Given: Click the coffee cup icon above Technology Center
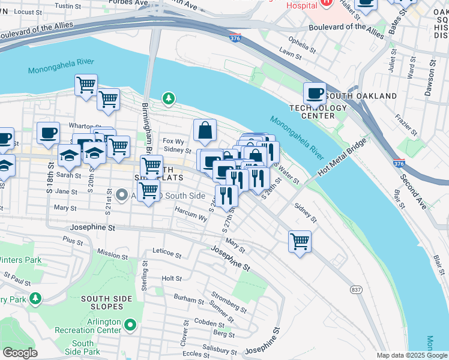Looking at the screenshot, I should pos(315,94).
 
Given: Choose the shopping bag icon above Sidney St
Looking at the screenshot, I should pos(205,130).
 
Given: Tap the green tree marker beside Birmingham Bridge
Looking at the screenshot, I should pos(169,98).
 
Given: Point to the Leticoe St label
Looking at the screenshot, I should pos(166,254).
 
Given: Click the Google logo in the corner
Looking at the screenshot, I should pos(20,353).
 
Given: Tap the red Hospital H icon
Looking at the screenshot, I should pos(327,2).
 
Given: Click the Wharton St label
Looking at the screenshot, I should pos(82,126).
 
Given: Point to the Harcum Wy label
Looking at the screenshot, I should pos(191,215).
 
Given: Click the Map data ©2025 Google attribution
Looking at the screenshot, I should pos(412,355).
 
